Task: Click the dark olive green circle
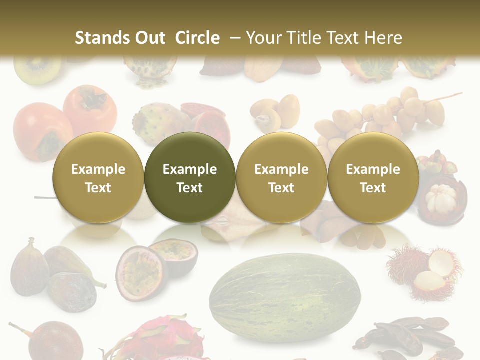tap(190, 177)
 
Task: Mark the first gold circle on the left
tap(98, 177)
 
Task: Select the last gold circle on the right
tap(373, 177)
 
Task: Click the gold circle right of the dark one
tap(281, 177)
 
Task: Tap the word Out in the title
tap(147, 38)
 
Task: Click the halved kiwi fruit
tap(37, 70)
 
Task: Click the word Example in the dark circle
tap(190, 169)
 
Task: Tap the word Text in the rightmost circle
tap(373, 188)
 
